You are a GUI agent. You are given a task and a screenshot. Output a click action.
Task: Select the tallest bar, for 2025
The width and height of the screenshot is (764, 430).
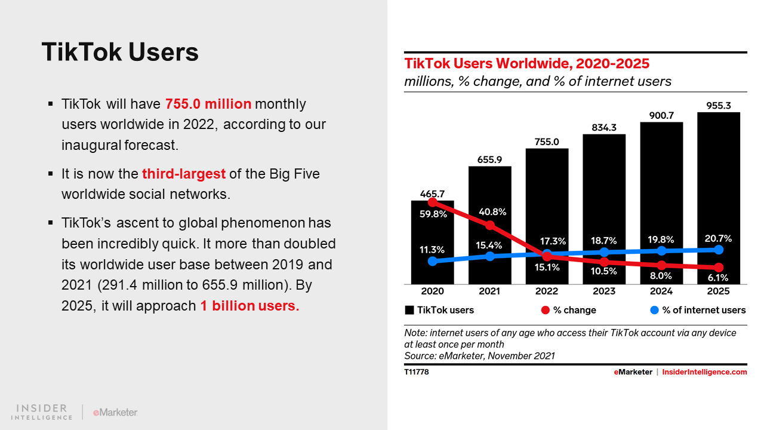(719, 179)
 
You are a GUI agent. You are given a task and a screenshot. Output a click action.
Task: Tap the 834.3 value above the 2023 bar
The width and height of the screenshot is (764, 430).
(604, 127)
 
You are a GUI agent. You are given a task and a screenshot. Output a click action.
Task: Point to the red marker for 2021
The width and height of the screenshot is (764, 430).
(490, 225)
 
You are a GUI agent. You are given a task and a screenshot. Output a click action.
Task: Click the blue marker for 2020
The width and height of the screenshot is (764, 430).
(432, 261)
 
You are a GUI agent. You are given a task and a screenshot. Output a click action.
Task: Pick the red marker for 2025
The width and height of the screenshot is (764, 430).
(719, 267)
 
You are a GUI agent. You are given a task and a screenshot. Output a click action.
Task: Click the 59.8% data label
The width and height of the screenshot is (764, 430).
(432, 214)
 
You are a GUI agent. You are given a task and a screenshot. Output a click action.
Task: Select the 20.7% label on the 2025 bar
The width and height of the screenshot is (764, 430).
(719, 238)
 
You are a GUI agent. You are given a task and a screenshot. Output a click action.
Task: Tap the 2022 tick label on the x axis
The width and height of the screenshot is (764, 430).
(547, 291)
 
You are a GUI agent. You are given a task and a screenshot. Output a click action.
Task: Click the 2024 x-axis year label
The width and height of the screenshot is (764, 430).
(661, 291)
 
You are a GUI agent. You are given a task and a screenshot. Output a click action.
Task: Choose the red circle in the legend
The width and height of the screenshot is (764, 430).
(545, 310)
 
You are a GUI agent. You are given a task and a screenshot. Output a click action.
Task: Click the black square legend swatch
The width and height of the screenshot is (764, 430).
(409, 310)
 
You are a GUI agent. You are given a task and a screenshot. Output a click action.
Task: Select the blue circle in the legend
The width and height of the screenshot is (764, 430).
(654, 310)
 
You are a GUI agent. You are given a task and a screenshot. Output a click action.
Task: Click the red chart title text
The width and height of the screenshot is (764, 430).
(527, 63)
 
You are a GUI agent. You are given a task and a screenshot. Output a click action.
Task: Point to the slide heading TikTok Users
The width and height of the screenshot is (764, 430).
(120, 53)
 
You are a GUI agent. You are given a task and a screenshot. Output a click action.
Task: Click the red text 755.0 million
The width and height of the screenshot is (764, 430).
(208, 104)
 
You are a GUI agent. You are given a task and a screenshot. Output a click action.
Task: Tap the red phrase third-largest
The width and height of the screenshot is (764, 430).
(184, 174)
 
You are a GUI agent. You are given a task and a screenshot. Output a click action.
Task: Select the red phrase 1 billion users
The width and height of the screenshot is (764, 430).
(249, 306)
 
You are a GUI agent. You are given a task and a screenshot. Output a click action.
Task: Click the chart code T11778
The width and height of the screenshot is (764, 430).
(417, 372)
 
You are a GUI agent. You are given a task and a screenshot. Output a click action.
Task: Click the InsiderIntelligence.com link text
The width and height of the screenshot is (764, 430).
(704, 372)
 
